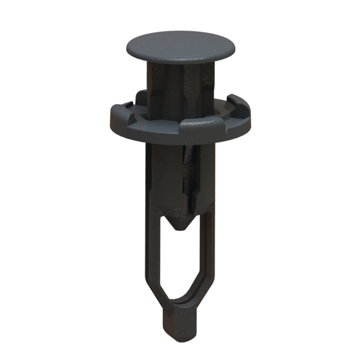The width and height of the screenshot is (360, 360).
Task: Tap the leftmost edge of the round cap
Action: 128,46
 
